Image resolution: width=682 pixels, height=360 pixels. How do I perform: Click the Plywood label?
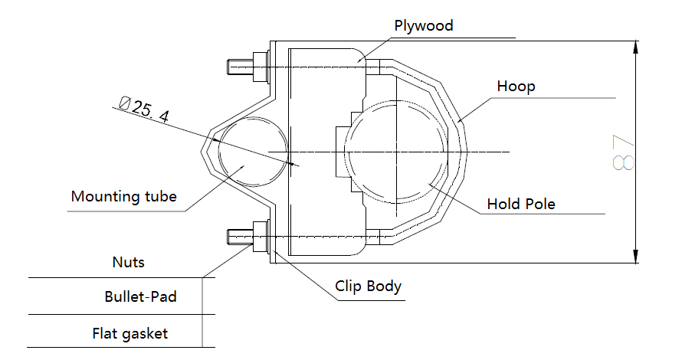click(x=424, y=25)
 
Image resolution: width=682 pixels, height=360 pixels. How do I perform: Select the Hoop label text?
click(x=516, y=86)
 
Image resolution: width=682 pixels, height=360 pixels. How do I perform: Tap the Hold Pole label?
click(x=521, y=205)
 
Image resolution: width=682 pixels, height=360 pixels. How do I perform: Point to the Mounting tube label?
click(x=124, y=197)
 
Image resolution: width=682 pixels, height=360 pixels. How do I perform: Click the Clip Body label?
click(x=368, y=287)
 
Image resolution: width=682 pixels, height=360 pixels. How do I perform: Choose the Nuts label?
click(x=128, y=263)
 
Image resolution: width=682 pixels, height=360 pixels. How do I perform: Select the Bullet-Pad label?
click(x=140, y=296)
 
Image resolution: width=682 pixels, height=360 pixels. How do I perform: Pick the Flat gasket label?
click(x=130, y=334)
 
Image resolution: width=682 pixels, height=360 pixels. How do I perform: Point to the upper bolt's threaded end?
click(x=238, y=67)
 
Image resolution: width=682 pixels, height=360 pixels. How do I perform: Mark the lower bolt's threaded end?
click(x=238, y=236)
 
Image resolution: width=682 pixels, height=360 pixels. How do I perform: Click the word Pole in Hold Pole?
click(x=539, y=205)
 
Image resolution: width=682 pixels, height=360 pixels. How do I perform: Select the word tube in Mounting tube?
click(x=158, y=197)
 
